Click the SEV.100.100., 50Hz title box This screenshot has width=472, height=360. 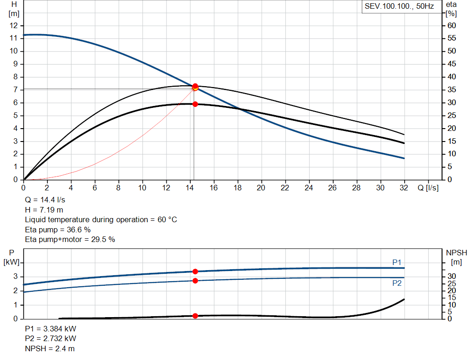click(x=399, y=7)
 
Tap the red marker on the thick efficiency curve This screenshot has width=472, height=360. click(x=195, y=104)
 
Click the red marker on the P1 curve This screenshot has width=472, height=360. click(x=195, y=271)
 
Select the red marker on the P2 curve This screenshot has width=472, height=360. click(x=195, y=281)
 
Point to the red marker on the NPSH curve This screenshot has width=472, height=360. click(x=195, y=316)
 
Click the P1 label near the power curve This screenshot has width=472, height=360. click(x=397, y=262)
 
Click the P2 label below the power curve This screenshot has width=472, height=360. click(x=397, y=283)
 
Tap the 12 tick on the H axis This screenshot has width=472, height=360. click(x=14, y=25)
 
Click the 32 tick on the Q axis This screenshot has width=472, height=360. click(x=404, y=188)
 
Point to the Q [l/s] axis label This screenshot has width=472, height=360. click(x=427, y=188)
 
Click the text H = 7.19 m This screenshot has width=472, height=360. click(x=45, y=210)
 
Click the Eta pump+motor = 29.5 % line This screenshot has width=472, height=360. click(x=70, y=239)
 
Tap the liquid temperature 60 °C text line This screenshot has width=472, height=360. click(x=100, y=220)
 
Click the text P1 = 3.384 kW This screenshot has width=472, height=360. click(x=51, y=329)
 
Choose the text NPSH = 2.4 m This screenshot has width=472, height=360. click(x=50, y=348)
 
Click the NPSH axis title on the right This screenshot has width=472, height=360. click(x=456, y=253)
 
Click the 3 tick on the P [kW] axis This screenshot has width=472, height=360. click(x=16, y=277)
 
